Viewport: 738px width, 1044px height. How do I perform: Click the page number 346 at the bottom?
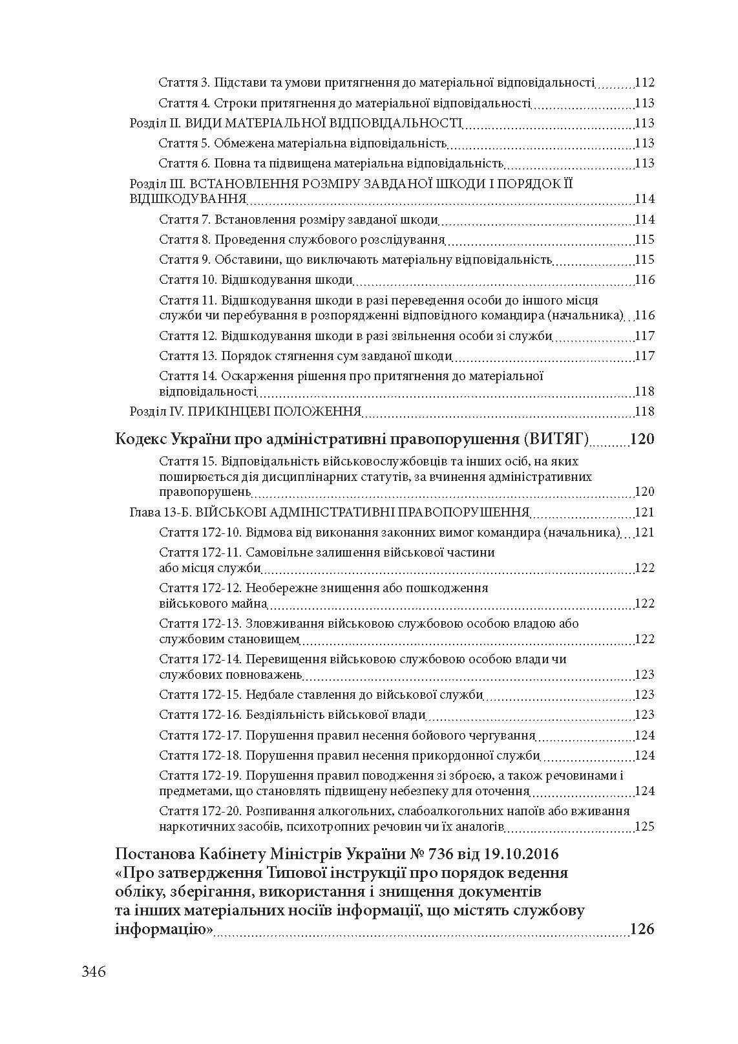[94, 971]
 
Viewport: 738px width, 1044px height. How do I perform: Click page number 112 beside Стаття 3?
[644, 83]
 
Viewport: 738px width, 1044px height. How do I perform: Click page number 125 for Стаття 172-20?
[644, 826]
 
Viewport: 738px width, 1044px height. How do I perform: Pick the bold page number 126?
[642, 929]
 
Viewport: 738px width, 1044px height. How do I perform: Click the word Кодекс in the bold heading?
[141, 440]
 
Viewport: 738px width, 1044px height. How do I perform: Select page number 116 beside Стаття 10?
[644, 280]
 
